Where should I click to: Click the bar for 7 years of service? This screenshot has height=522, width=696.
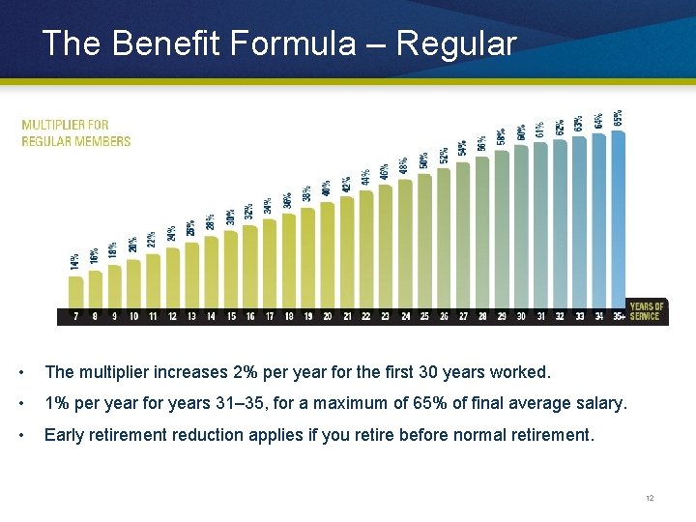75,292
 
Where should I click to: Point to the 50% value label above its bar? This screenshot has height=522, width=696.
424,160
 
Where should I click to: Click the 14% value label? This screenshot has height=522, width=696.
75,261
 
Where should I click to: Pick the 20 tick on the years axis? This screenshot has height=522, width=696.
328,316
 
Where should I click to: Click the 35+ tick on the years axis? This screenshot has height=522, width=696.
619,316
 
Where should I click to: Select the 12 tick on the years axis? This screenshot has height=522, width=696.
172,316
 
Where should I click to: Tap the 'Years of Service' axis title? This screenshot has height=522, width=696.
646,311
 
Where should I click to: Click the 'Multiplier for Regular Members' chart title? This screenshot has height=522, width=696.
76,132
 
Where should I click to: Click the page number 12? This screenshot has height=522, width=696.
650,498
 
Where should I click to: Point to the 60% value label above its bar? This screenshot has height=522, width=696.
522,131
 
